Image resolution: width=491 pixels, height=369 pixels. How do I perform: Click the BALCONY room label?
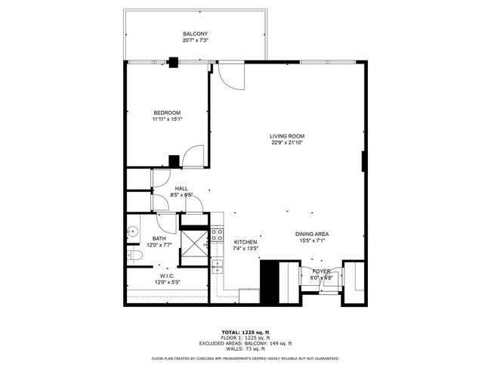point(195,34)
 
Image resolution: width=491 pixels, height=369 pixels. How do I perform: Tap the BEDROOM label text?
point(167,113)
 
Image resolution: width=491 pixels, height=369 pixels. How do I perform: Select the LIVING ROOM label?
point(287,136)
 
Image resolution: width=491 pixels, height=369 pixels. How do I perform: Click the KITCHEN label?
point(246,242)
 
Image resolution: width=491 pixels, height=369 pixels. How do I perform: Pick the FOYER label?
point(321,271)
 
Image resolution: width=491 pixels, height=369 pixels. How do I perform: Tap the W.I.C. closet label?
point(167,276)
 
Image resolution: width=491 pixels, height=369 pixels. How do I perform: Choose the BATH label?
point(159,238)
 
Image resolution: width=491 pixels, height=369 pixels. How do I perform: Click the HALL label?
point(181,188)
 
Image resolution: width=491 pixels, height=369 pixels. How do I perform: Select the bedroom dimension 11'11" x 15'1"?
point(167,119)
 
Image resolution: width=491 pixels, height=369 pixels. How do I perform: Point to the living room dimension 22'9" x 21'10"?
point(287,143)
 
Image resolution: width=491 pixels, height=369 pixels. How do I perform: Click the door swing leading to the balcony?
point(230,73)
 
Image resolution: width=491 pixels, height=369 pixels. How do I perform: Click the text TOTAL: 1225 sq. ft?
point(246,332)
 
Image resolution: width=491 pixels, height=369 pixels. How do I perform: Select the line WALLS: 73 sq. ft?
point(246,348)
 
